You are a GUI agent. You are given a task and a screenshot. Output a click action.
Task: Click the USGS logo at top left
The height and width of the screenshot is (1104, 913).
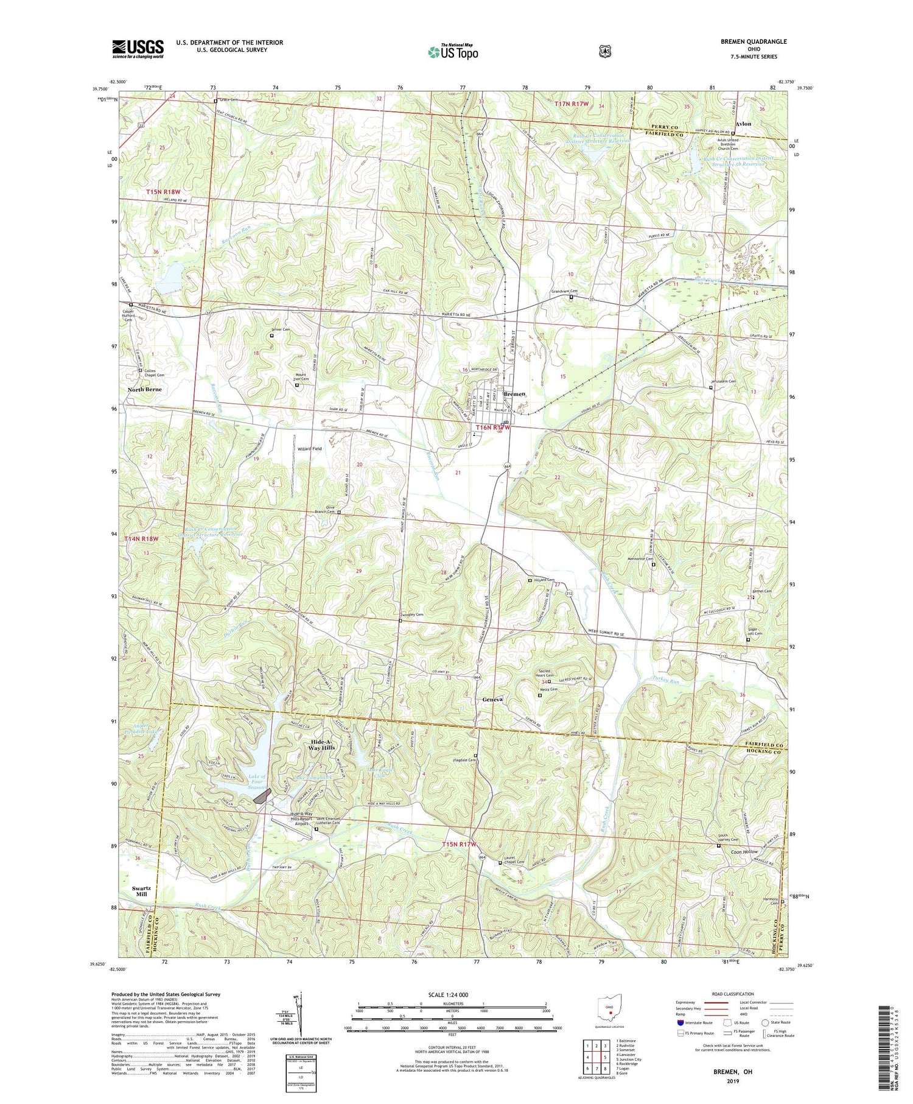[x=138, y=49]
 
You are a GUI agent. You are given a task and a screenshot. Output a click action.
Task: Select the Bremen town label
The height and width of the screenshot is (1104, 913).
[x=514, y=394]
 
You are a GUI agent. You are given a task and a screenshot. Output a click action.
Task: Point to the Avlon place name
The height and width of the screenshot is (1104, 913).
[x=743, y=124]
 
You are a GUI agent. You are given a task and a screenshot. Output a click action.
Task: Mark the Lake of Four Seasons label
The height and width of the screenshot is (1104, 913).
[x=257, y=781]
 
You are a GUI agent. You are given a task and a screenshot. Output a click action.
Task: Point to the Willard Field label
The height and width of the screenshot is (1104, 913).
[x=309, y=449]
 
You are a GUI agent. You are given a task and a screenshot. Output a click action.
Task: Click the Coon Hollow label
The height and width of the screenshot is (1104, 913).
[x=744, y=851]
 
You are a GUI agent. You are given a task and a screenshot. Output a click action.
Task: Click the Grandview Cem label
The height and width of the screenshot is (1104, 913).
[x=564, y=292]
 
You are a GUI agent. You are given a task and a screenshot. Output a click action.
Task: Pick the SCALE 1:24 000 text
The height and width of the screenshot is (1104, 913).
[x=452, y=995]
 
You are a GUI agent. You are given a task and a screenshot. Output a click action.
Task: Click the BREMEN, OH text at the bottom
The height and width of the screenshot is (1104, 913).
[x=730, y=1071]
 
